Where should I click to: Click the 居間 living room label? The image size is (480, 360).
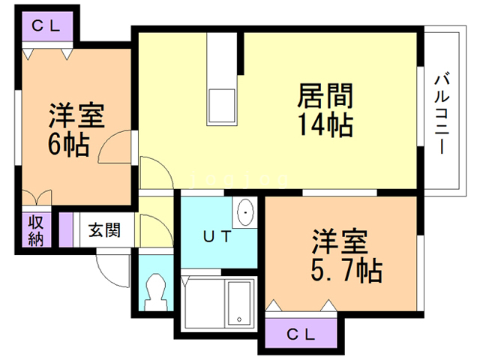tap(325, 96)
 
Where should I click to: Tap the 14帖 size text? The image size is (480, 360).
tap(325, 124)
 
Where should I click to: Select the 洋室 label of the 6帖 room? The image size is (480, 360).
tap(76, 116)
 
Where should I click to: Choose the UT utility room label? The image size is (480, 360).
tap(217, 237)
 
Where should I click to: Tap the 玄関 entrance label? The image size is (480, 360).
tap(103, 230)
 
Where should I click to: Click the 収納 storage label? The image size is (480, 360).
tap(36, 231)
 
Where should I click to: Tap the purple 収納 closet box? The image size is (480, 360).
tap(36, 231)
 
